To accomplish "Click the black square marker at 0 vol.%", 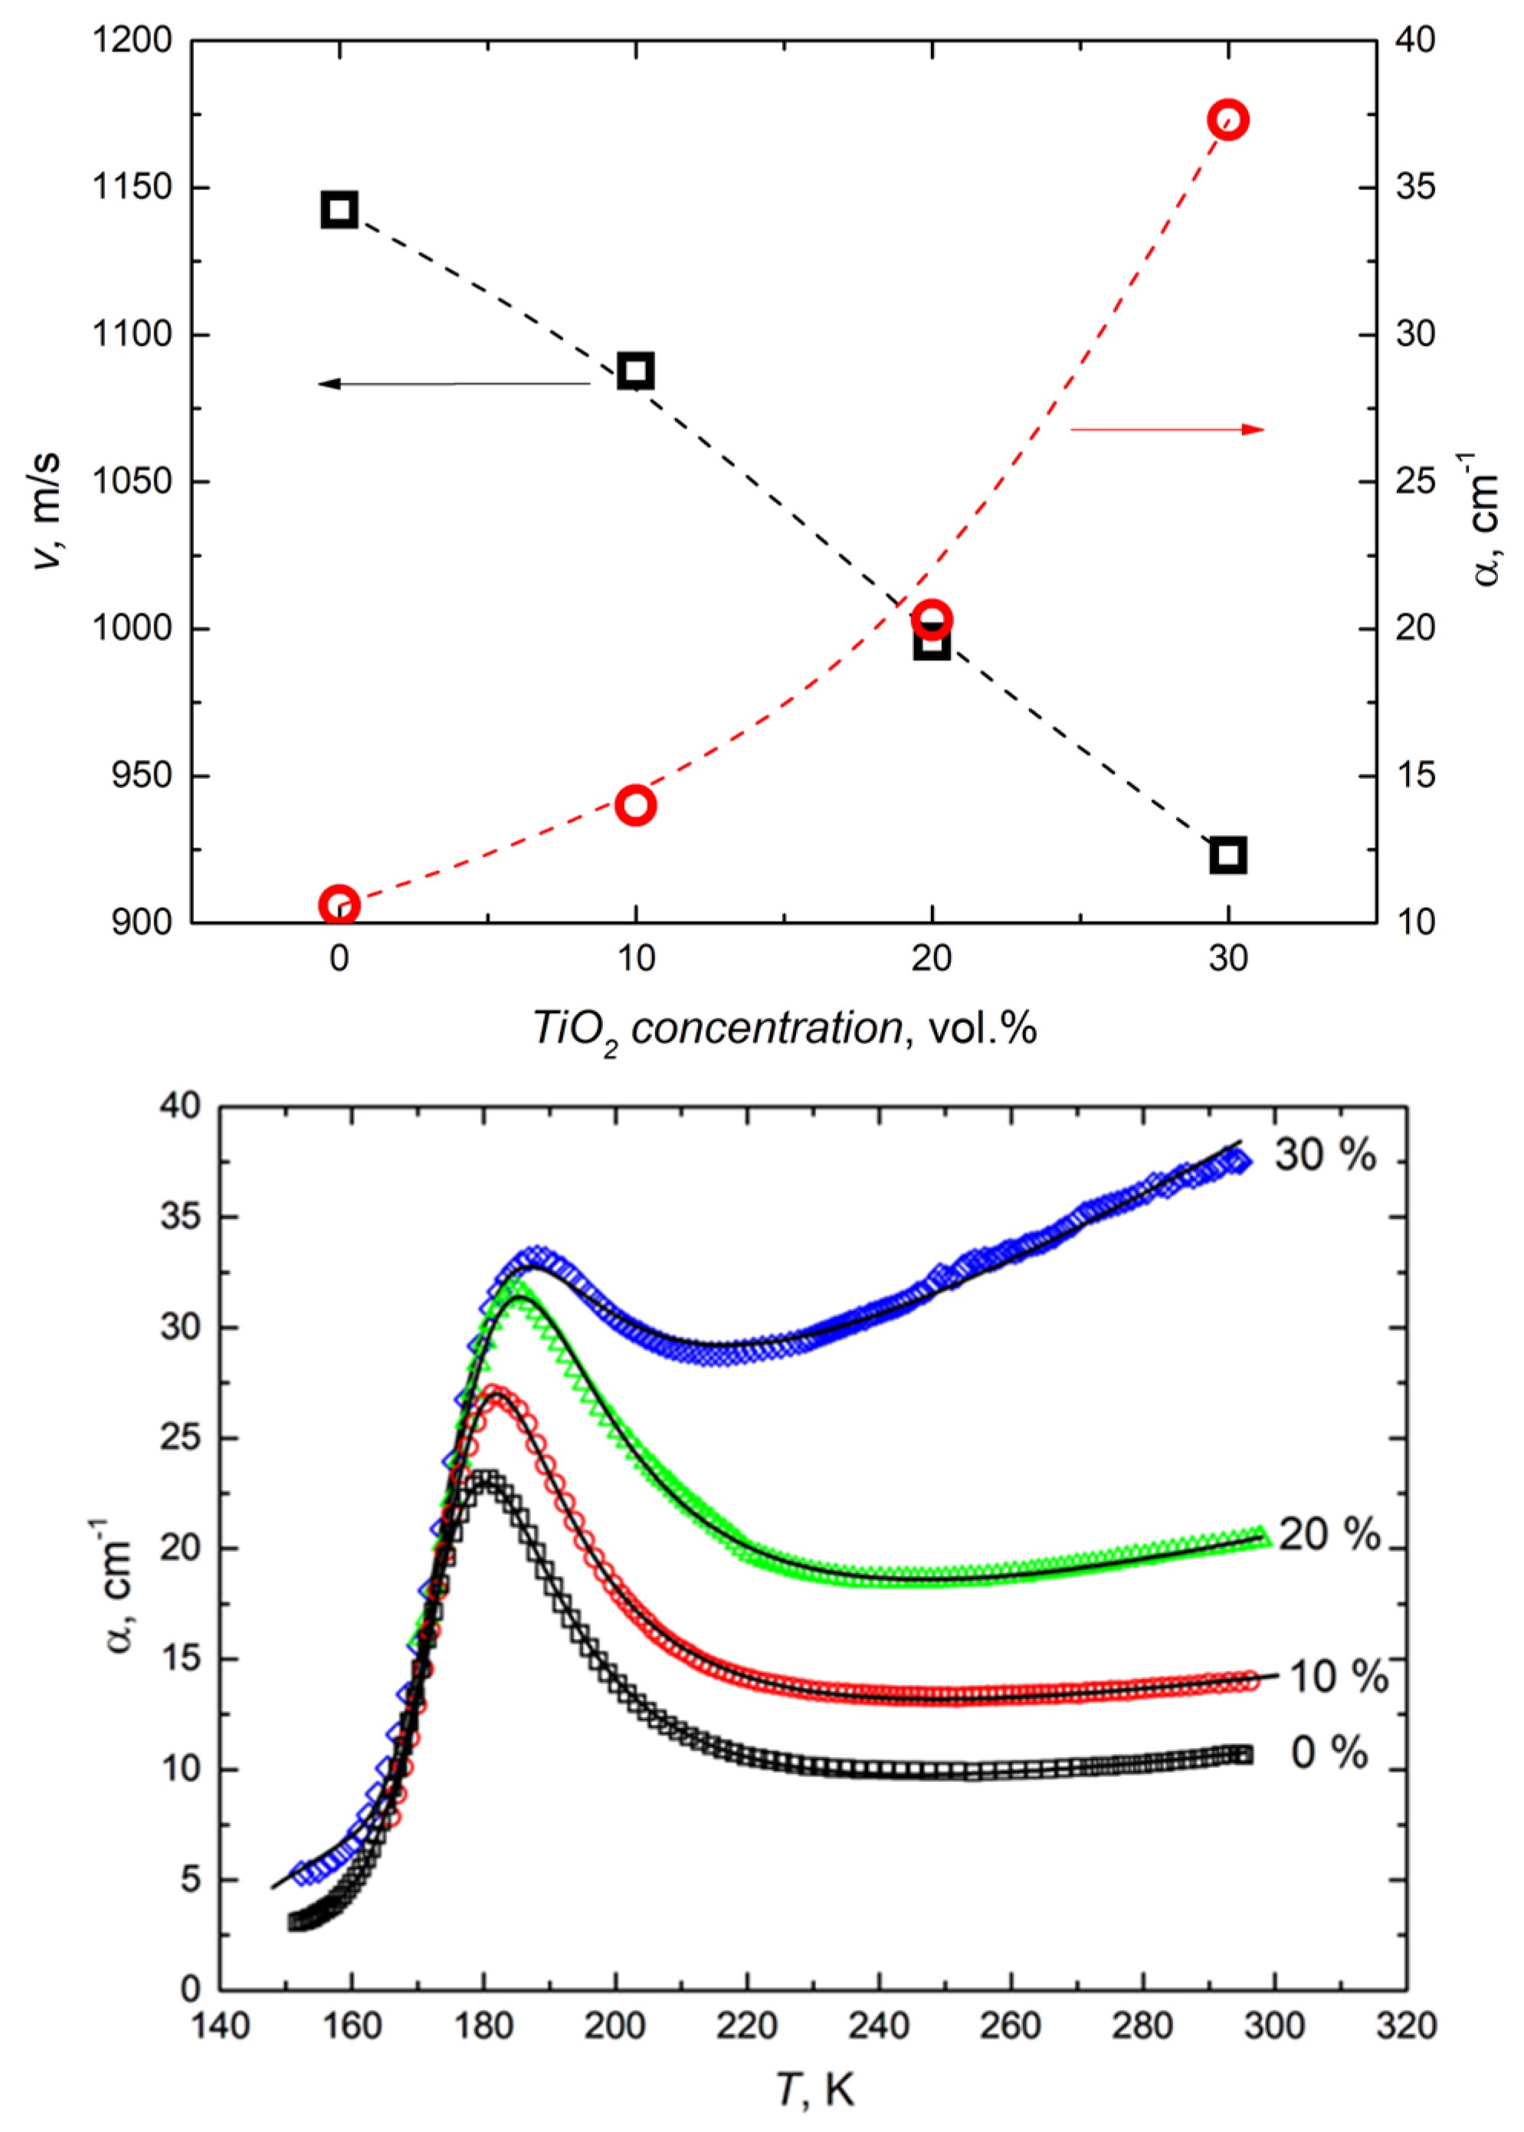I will (339, 209).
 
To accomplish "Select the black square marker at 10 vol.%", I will (635, 371).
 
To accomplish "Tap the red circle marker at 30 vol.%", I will (1227, 120).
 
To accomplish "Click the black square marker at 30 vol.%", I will (1227, 856).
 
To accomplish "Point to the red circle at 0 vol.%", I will (339, 905).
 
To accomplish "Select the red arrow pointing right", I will (1168, 429).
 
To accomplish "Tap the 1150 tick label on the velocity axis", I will (133, 188).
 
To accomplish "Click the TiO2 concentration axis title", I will (785, 1030).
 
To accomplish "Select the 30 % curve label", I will (1324, 1155).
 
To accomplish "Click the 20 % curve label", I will (1328, 1534).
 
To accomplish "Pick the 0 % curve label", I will (1329, 1753).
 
